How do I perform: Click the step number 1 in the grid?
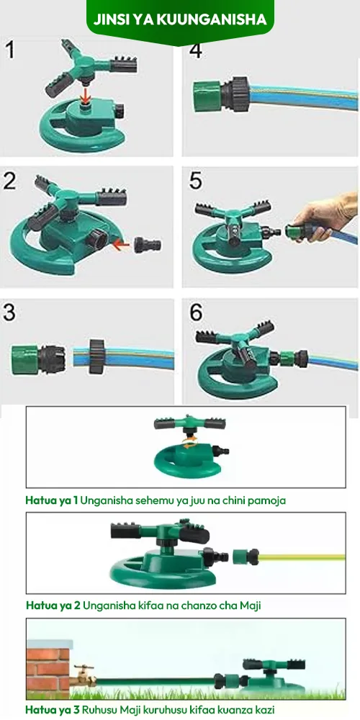coord(9,50)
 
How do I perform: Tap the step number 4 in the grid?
coord(196,50)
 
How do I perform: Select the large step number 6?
coord(196,312)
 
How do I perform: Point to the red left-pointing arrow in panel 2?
coord(121,246)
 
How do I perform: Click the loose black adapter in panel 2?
coord(148,245)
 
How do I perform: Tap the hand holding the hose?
coord(325,217)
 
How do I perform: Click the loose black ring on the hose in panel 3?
coord(97,356)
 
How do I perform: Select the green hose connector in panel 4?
coord(207,96)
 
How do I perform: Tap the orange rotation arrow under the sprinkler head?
coord(189,441)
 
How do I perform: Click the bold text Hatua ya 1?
coord(52,500)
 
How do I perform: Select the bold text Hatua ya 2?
coord(53,606)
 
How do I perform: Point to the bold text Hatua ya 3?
coord(53,709)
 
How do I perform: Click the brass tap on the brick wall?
coord(83,675)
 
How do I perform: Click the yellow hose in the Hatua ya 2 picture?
coord(302,557)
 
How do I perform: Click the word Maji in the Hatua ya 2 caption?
coord(251,606)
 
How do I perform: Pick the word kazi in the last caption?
coord(264,709)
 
